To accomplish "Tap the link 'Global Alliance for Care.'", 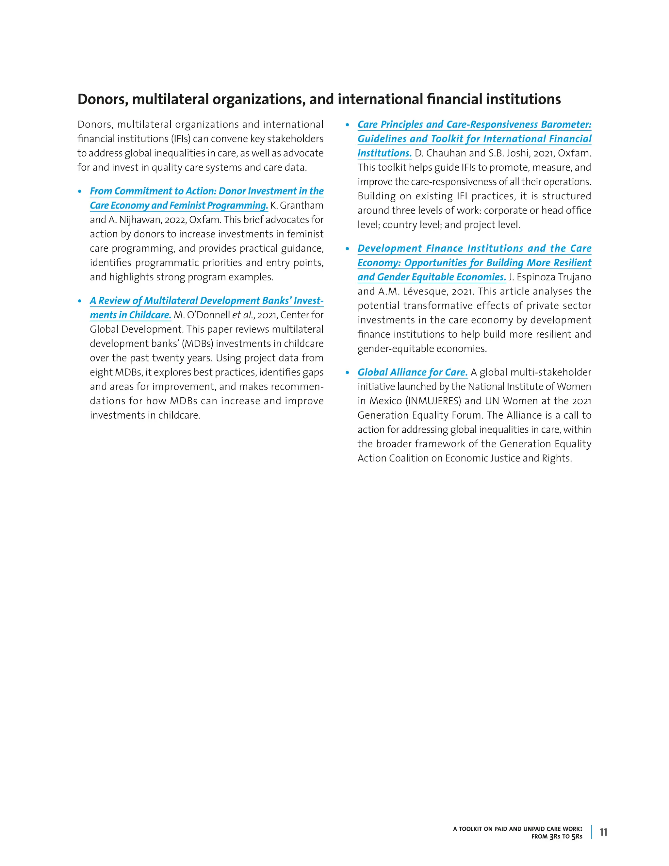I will point(412,372).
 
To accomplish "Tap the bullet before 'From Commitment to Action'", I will point(80,192).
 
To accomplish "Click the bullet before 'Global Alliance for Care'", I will point(348,373).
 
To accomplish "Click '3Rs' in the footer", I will point(554,837).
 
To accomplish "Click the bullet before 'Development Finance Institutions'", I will point(348,249).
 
